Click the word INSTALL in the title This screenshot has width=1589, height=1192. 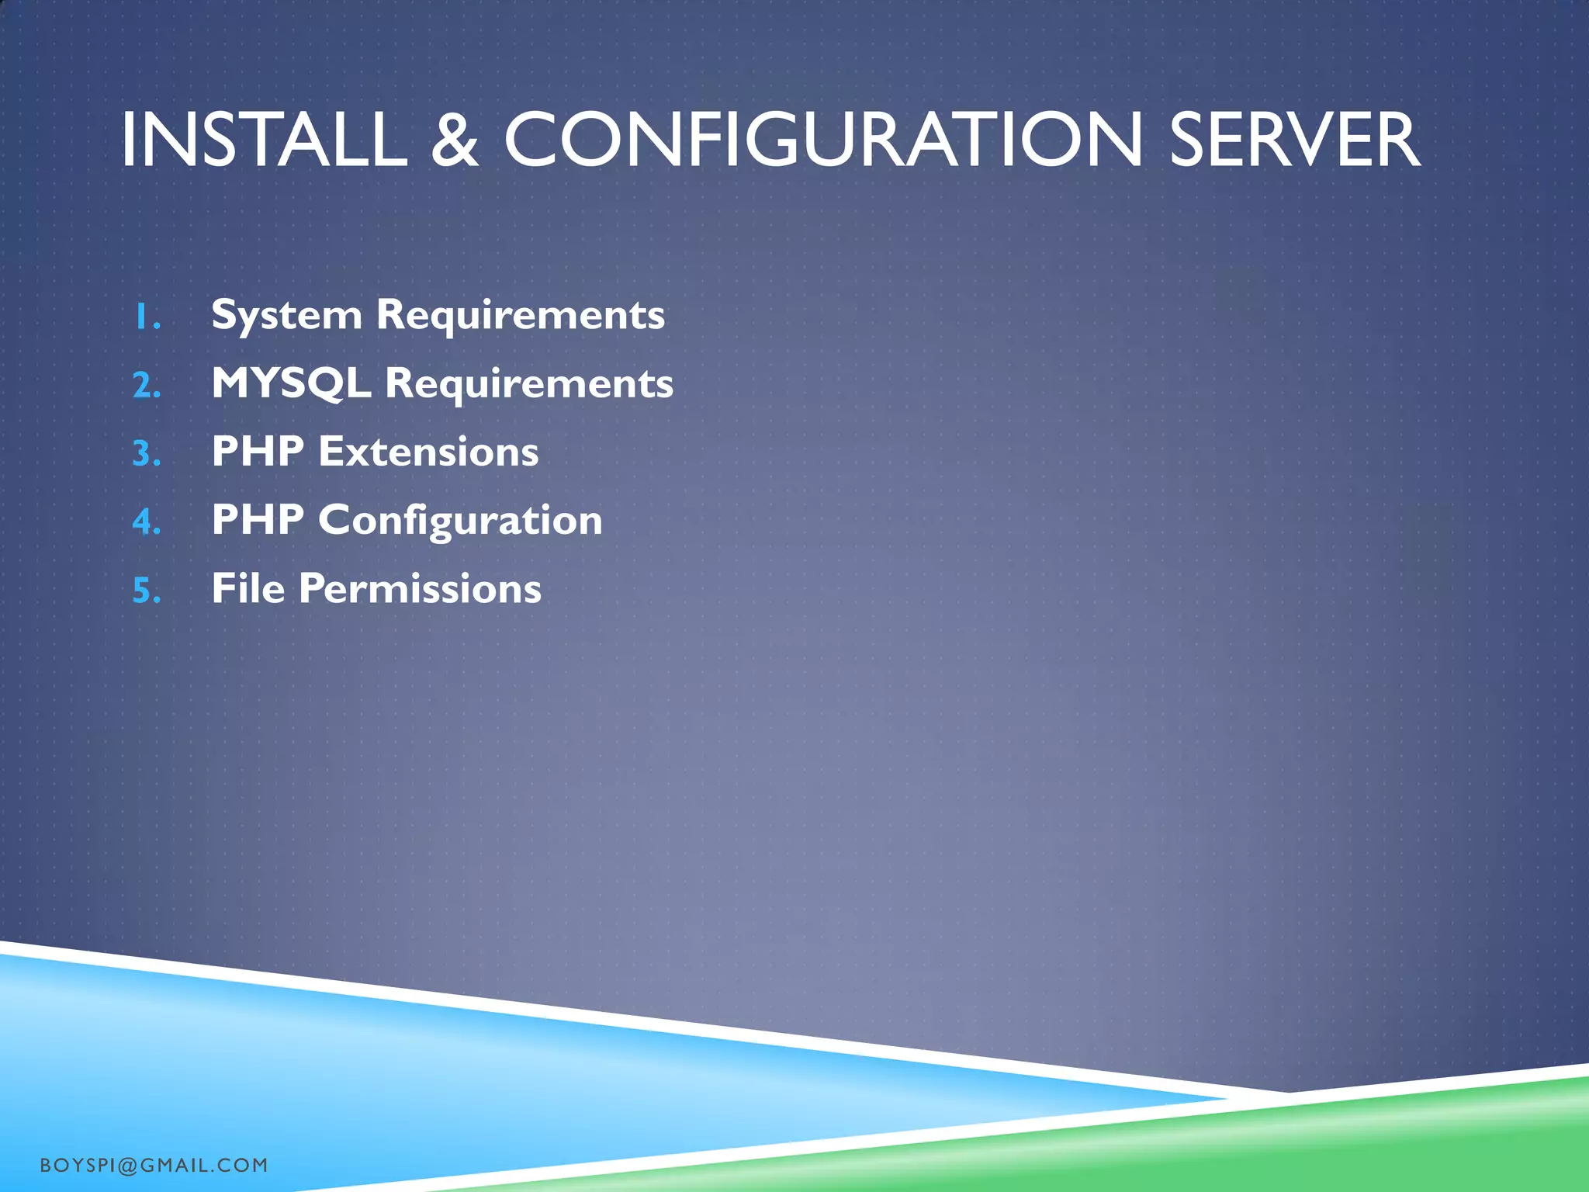coord(264,140)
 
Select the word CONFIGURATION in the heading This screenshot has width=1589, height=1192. coord(823,140)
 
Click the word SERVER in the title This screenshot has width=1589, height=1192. coord(1294,140)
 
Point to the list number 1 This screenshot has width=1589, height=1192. coord(147,317)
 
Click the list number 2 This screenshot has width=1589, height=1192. coord(147,386)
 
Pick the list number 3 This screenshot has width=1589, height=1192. coord(147,454)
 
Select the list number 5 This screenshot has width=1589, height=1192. coord(147,591)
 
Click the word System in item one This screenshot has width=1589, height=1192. coord(286,316)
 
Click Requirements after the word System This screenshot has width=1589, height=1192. coord(520,316)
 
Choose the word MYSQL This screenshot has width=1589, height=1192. coord(291,383)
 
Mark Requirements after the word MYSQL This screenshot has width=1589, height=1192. coord(529,383)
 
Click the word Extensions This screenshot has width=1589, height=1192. coord(428,452)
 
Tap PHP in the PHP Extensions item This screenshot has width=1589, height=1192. coord(258,452)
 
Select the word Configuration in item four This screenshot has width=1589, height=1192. coord(460,520)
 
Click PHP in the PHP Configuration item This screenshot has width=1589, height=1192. coord(258,520)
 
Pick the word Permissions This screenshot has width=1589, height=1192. coord(420,588)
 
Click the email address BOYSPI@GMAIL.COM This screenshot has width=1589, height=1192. coord(154,1165)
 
